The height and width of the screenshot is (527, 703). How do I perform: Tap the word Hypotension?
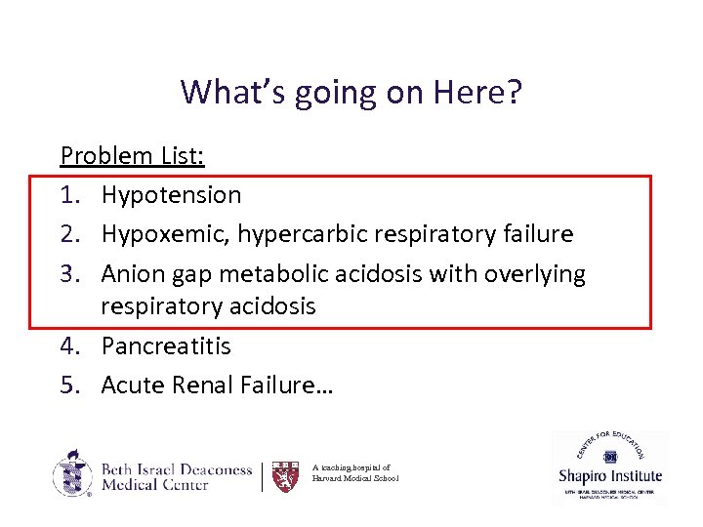[x=171, y=195]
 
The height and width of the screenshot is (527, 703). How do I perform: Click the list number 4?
[x=69, y=346]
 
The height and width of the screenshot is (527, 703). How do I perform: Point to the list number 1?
[x=69, y=195]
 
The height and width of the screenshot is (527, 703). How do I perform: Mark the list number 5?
[x=69, y=386]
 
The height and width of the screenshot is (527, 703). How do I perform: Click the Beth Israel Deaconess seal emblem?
[x=73, y=474]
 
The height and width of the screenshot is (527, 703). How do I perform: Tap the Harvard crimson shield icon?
[x=284, y=476]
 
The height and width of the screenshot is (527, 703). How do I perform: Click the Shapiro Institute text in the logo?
[x=610, y=477]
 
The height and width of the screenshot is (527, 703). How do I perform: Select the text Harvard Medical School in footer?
[x=355, y=479]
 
